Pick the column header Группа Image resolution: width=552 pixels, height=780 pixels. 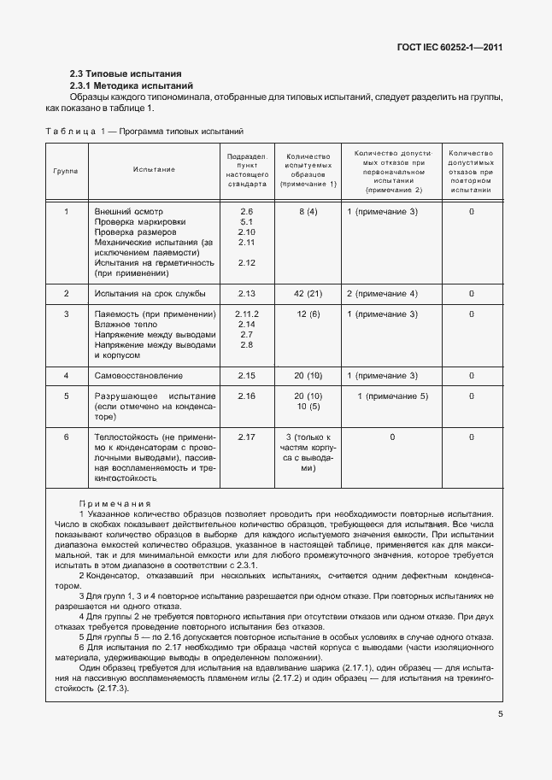66,170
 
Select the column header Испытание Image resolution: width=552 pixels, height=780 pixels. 154,169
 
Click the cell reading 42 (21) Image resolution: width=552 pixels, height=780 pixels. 307,294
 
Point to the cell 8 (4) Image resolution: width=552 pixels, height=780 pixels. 308,211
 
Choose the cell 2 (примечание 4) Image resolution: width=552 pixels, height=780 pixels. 381,294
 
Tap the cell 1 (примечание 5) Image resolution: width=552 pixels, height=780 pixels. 392,396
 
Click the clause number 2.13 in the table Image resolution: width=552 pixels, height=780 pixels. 247,294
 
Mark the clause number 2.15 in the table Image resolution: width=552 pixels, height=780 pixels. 247,376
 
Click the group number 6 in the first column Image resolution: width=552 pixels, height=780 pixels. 66,437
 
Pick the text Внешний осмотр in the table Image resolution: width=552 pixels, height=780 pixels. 128,211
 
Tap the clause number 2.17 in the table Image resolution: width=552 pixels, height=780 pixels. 247,437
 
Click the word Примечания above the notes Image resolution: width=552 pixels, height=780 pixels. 115,504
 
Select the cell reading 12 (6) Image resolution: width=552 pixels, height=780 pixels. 308,314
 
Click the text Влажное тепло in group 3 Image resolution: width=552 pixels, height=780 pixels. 127,325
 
